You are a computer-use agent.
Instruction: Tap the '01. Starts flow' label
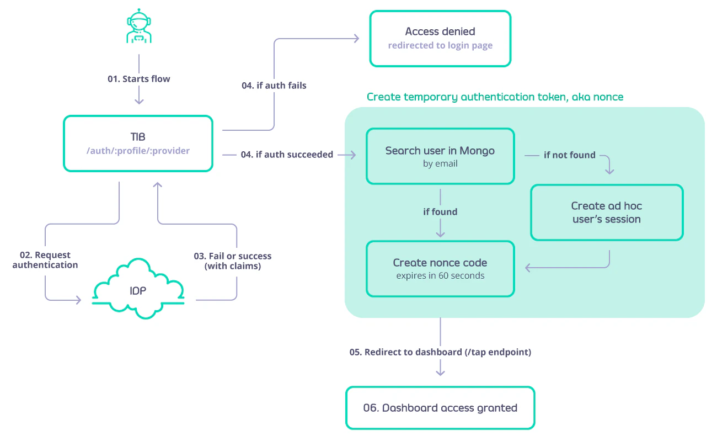[138, 79]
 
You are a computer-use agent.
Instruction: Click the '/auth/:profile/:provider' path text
[138, 151]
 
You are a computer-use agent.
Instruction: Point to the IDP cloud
[138, 291]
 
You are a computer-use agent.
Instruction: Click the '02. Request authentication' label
[45, 260]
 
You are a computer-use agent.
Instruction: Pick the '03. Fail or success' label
[232, 261]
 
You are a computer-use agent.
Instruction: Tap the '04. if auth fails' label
[274, 86]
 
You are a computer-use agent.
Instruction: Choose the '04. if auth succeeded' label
[287, 155]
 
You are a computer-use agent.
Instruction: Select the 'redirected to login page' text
[440, 45]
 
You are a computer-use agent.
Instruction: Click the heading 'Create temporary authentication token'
[495, 97]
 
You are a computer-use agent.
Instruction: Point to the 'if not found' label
[569, 155]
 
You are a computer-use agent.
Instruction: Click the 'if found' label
[440, 211]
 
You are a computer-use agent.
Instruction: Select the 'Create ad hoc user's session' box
[606, 212]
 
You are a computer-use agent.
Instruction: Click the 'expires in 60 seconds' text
[440, 275]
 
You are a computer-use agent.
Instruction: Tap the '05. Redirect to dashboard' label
[440, 352]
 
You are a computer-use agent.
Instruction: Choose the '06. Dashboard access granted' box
[440, 408]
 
